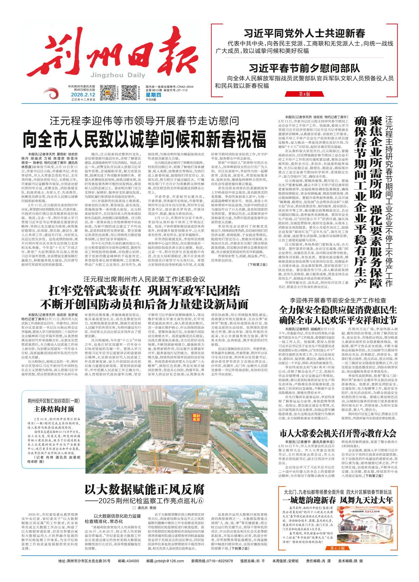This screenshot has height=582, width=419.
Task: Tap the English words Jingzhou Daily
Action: click(x=118, y=75)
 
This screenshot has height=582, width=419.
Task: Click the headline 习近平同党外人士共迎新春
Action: click(x=304, y=34)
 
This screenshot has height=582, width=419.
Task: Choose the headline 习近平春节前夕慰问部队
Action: click(x=304, y=69)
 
